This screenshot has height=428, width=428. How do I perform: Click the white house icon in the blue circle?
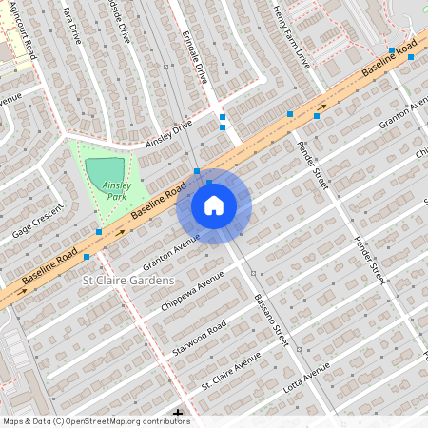click(214, 205)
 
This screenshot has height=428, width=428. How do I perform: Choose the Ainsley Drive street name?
click(168, 134)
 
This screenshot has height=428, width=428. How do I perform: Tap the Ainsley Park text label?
click(116, 190)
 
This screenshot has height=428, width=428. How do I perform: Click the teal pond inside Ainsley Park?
click(105, 170)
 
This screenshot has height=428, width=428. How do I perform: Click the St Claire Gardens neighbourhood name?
click(128, 281)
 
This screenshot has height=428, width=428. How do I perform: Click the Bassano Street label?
click(270, 319)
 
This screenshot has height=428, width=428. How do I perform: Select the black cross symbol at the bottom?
click(179, 414)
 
